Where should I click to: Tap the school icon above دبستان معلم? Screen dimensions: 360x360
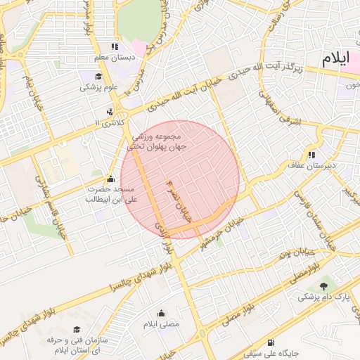click(115, 46)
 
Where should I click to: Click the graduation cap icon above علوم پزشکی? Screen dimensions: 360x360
click(98, 77)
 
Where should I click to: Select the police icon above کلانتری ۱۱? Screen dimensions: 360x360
click(109, 112)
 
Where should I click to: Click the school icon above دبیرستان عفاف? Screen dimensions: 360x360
click(311, 155)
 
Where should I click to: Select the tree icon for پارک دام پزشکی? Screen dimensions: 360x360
click(323, 285)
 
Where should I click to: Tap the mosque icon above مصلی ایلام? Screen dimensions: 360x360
click(161, 314)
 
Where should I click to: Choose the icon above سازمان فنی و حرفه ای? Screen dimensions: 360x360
click(77, 329)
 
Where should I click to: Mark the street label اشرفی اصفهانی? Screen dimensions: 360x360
click(285, 108)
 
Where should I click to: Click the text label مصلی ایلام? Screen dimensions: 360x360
click(162, 325)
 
